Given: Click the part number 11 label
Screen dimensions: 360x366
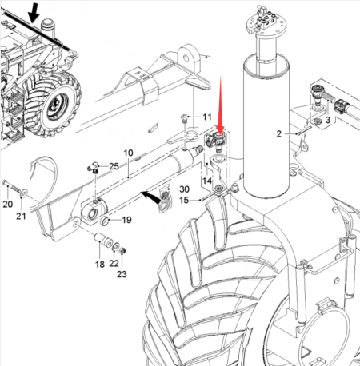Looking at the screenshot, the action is [207, 117].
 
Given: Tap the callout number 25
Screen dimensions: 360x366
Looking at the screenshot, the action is [114, 166].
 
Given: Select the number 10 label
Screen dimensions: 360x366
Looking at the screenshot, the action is [128, 153].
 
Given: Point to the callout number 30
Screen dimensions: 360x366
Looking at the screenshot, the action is [184, 189].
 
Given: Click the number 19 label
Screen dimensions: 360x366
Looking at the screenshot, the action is [126, 220].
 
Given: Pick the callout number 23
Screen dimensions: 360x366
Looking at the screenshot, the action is [122, 274].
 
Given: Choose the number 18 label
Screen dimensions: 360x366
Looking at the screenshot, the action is [100, 264].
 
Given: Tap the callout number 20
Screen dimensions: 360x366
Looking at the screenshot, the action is [8, 205].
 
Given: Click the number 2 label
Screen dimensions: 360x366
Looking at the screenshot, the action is [278, 133].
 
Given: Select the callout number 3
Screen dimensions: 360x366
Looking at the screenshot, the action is [327, 120].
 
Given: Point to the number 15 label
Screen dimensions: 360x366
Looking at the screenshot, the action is [184, 200].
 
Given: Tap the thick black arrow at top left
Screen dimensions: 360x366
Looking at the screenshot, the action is [34, 12].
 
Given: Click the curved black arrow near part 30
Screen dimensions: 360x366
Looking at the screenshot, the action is [150, 197].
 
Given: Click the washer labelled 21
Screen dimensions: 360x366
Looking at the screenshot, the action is [24, 193].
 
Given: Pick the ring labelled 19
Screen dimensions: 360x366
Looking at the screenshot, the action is [105, 220].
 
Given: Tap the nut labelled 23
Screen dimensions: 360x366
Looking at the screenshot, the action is [122, 251].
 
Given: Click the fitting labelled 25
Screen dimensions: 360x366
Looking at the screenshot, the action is [94, 168].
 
